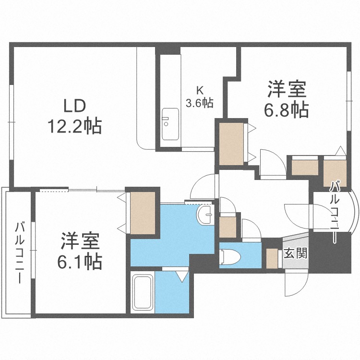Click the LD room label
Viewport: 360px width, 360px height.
point(73,105)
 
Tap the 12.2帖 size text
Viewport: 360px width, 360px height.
point(73,126)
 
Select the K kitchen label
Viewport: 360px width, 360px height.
point(200,90)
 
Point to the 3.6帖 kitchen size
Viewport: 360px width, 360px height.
point(200,102)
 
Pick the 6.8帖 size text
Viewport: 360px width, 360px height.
point(287,110)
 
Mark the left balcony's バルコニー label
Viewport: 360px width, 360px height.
point(19,252)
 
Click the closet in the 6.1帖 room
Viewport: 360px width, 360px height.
point(143,213)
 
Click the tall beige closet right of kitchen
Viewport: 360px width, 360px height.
point(231,144)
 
